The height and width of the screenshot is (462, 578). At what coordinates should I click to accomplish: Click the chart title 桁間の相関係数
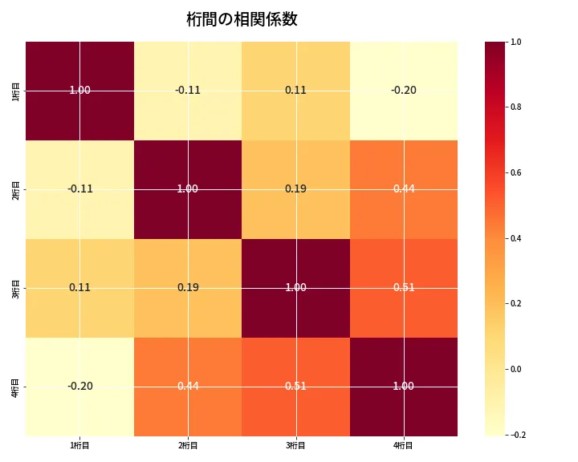[242, 20]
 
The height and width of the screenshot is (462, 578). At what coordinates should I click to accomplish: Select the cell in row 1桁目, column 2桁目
[188, 90]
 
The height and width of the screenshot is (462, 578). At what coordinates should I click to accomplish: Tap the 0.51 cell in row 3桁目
[404, 287]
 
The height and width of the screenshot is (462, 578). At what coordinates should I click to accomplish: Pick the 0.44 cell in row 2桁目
[404, 188]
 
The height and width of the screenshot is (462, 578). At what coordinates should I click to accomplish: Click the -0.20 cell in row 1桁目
[404, 90]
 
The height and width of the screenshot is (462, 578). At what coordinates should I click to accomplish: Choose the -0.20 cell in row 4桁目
[80, 386]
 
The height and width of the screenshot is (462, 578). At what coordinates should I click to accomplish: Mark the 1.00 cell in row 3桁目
[295, 287]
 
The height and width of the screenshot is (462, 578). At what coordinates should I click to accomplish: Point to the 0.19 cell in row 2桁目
[295, 188]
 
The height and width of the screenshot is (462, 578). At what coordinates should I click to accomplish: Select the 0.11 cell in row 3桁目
[80, 287]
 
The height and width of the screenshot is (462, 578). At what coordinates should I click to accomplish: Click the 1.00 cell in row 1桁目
[80, 90]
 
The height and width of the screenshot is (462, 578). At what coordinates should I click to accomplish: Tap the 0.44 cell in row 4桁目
[188, 386]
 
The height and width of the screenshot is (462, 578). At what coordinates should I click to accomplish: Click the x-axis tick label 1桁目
[80, 445]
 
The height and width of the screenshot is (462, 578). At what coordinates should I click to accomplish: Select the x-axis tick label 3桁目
[295, 445]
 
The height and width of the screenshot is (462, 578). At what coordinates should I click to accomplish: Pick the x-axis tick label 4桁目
[404, 445]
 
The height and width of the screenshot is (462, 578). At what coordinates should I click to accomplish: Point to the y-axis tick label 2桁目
[16, 188]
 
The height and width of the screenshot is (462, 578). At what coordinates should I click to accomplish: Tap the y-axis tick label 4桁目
[16, 386]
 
